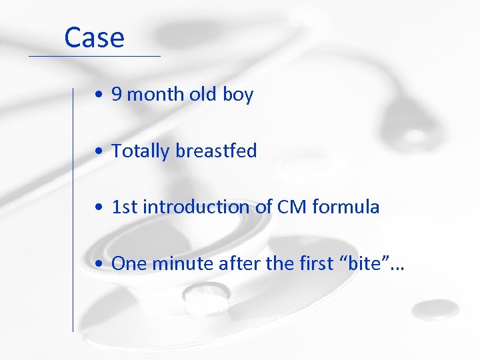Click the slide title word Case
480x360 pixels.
[94, 38]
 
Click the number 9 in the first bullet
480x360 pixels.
[116, 95]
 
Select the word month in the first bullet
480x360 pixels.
[155, 95]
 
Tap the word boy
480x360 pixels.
[238, 95]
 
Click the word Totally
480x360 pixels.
[140, 151]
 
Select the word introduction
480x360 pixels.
[187, 207]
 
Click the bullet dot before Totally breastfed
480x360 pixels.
[98, 152]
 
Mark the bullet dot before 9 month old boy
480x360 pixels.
[98, 95]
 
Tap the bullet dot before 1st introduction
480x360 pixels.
[98, 208]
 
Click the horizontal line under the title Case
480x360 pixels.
[94, 56]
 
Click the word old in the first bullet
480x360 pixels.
[203, 95]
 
